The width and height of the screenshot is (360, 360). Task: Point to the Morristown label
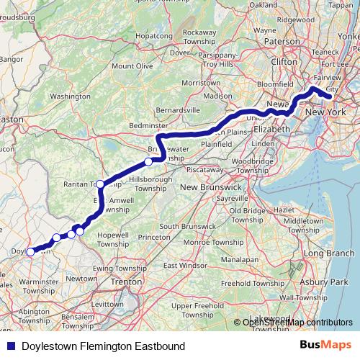click(200, 84)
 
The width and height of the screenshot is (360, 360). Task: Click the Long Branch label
click(328, 253)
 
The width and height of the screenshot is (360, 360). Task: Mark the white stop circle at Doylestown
click(30, 252)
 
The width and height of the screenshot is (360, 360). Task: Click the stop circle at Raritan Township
click(101, 184)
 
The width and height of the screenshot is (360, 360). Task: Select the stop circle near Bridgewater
click(148, 142)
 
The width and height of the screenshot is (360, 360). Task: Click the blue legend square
click(8, 346)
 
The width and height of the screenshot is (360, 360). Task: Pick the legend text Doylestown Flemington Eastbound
click(103, 346)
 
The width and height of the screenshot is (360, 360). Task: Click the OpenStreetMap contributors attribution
click(297, 322)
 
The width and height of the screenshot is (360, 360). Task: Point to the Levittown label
click(109, 305)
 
